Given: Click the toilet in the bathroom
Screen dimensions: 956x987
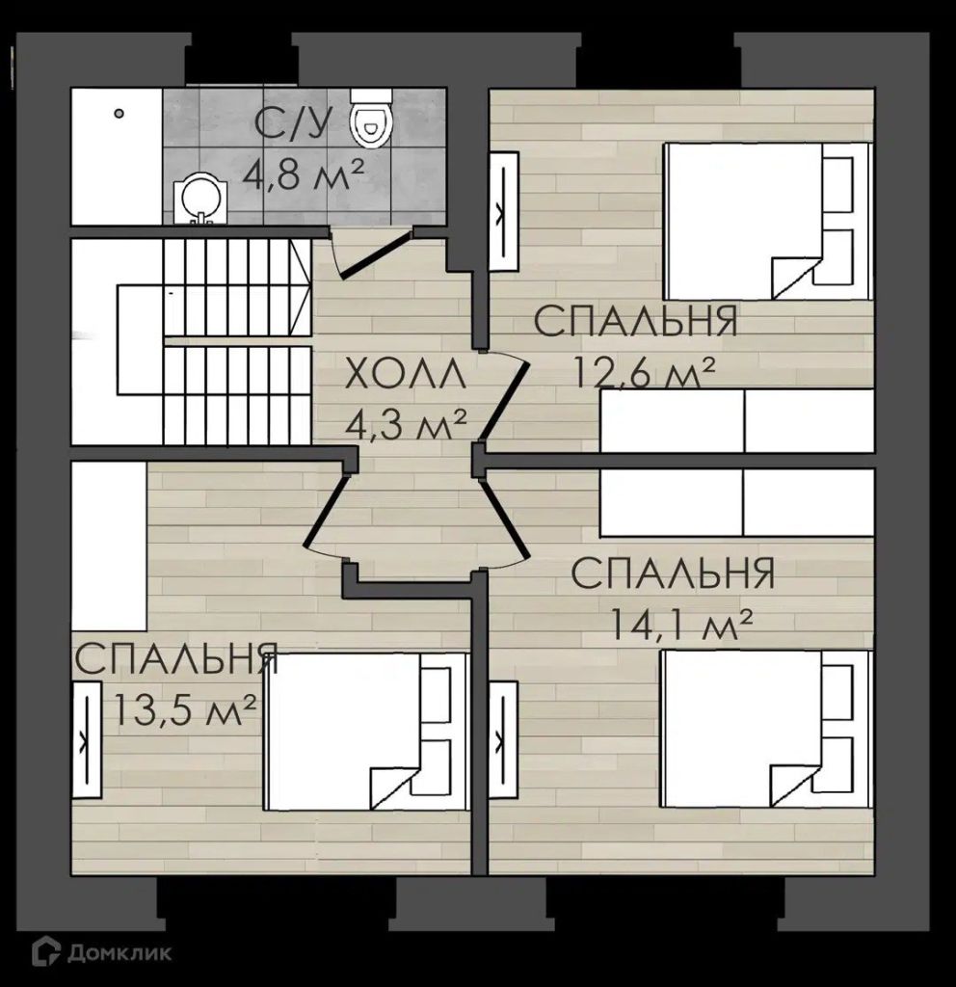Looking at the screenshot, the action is [x=372, y=119].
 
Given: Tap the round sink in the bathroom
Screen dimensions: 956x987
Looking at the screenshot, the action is [x=200, y=199].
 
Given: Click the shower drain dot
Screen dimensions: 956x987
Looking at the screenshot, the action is [x=119, y=114].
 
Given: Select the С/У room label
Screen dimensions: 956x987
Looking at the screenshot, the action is [x=293, y=124].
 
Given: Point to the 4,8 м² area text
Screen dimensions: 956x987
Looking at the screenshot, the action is [x=305, y=176].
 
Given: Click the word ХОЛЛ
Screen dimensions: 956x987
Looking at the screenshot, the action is [x=406, y=375].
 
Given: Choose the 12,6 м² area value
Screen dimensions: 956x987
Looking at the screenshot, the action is [x=644, y=374].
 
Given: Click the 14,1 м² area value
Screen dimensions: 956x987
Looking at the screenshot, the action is [x=681, y=624].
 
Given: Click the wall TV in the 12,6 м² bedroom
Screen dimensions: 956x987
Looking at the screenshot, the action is [x=504, y=211].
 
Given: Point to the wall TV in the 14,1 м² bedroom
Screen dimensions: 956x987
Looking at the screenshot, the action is [x=504, y=739].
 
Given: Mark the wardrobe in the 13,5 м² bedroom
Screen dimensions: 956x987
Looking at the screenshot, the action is [x=109, y=546].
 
